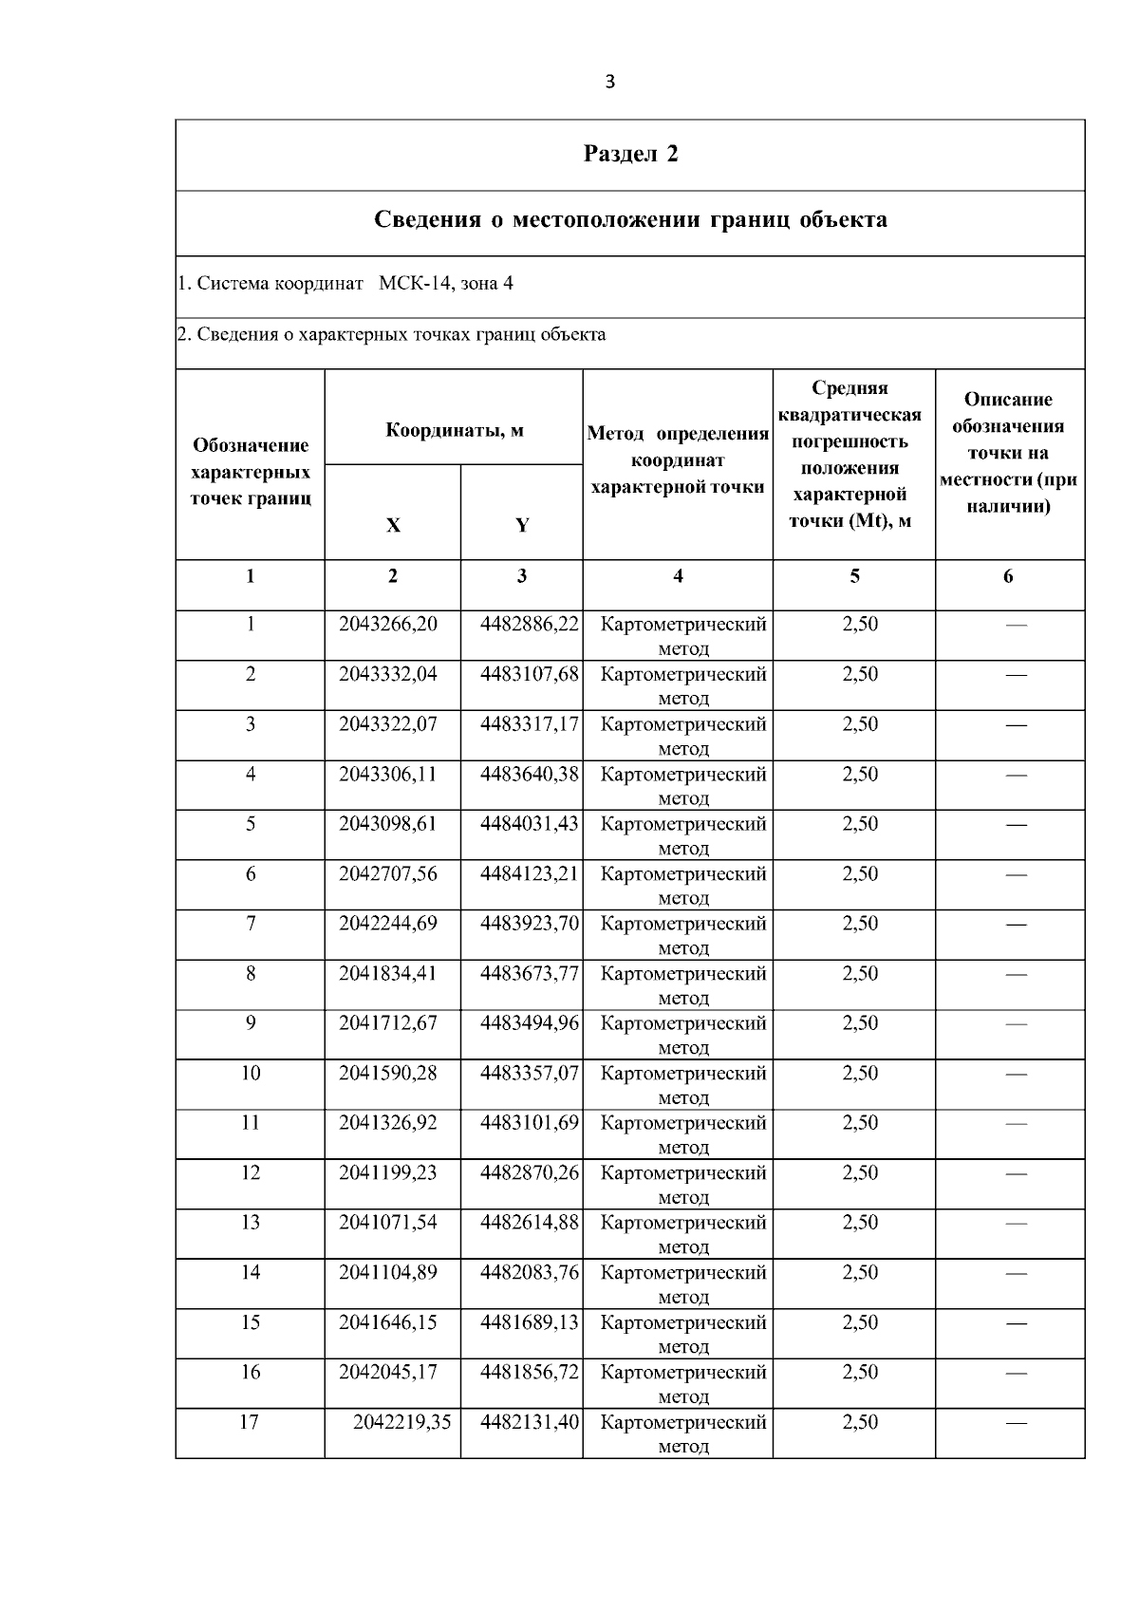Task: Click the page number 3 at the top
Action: pyautogui.click(x=609, y=82)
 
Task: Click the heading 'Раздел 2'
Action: pyautogui.click(x=630, y=154)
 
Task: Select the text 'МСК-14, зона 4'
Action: pyautogui.click(x=445, y=283)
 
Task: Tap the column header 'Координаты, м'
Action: pyautogui.click(x=454, y=431)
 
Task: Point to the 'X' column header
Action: pyautogui.click(x=393, y=525)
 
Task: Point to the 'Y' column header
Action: pyautogui.click(x=522, y=525)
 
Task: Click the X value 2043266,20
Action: pyautogui.click(x=388, y=625)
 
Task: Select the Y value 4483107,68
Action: pyautogui.click(x=529, y=674)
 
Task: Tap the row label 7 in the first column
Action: pyautogui.click(x=251, y=924)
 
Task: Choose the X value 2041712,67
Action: pyautogui.click(x=388, y=1023)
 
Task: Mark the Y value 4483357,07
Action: pyautogui.click(x=529, y=1074)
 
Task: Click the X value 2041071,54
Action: pyautogui.click(x=388, y=1223)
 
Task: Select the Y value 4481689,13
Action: pyautogui.click(x=529, y=1322)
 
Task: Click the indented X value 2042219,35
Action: pyautogui.click(x=401, y=1422)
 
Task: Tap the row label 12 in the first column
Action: pyautogui.click(x=251, y=1173)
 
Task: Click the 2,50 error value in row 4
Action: pyautogui.click(x=860, y=775)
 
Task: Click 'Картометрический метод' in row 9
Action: pyautogui.click(x=683, y=1034)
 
